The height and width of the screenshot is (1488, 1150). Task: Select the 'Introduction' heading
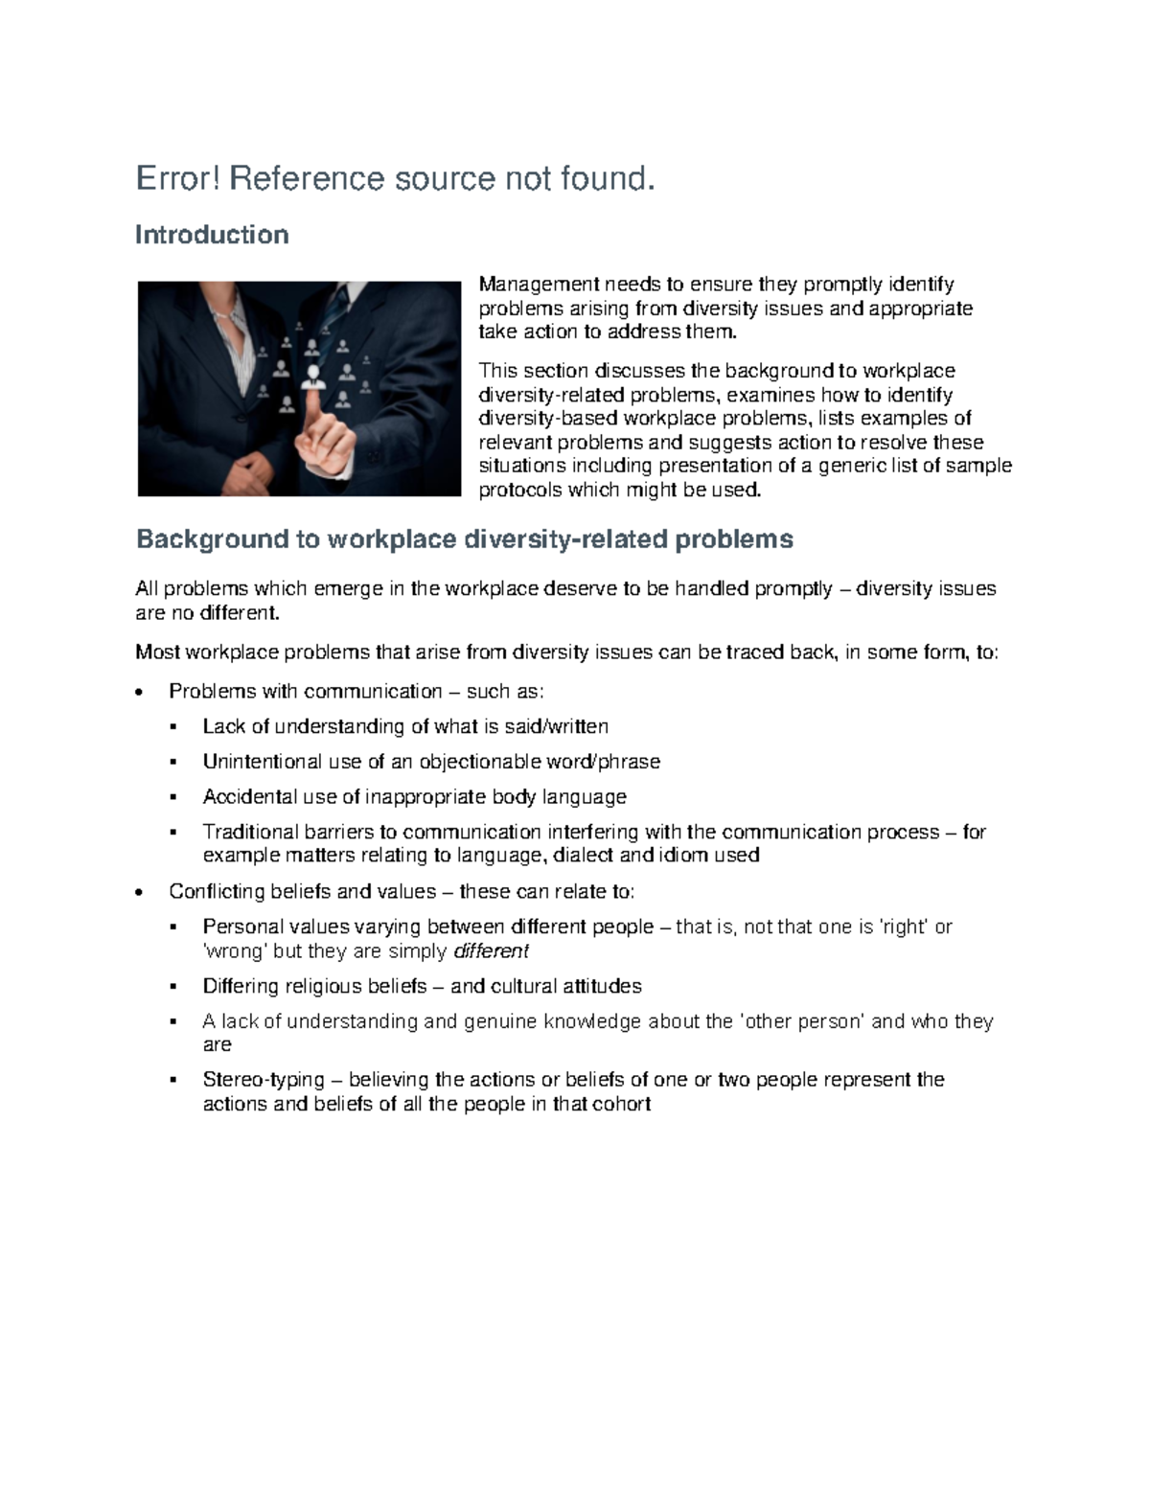(x=212, y=236)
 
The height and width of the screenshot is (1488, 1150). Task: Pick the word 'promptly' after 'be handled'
(x=793, y=589)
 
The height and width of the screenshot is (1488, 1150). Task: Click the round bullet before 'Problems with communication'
(x=141, y=693)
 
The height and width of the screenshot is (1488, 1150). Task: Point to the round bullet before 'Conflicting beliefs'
(x=141, y=893)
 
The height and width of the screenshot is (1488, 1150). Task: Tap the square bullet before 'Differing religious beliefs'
(x=173, y=987)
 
